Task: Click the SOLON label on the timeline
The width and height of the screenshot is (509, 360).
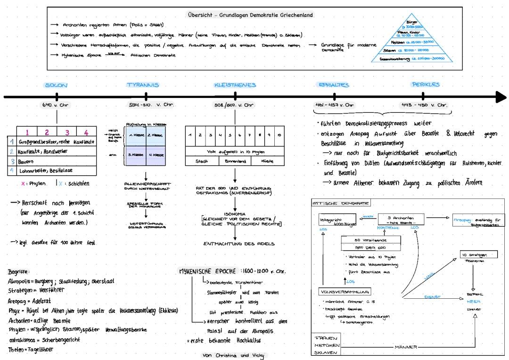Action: [x=56, y=85]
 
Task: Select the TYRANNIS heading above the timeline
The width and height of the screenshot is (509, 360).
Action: [x=143, y=85]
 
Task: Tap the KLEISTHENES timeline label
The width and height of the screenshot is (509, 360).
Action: [x=235, y=85]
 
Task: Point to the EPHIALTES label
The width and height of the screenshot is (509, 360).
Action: [x=334, y=85]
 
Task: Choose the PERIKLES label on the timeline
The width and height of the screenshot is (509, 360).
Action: [x=425, y=85]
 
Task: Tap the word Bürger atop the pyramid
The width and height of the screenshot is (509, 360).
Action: [x=411, y=22]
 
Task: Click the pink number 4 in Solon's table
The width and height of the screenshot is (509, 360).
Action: [x=86, y=132]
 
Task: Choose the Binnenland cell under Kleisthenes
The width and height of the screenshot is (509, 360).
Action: [x=234, y=161]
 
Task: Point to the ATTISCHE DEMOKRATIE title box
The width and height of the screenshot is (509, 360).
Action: [x=341, y=203]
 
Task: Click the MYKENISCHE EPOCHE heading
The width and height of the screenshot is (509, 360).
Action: [x=207, y=272]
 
